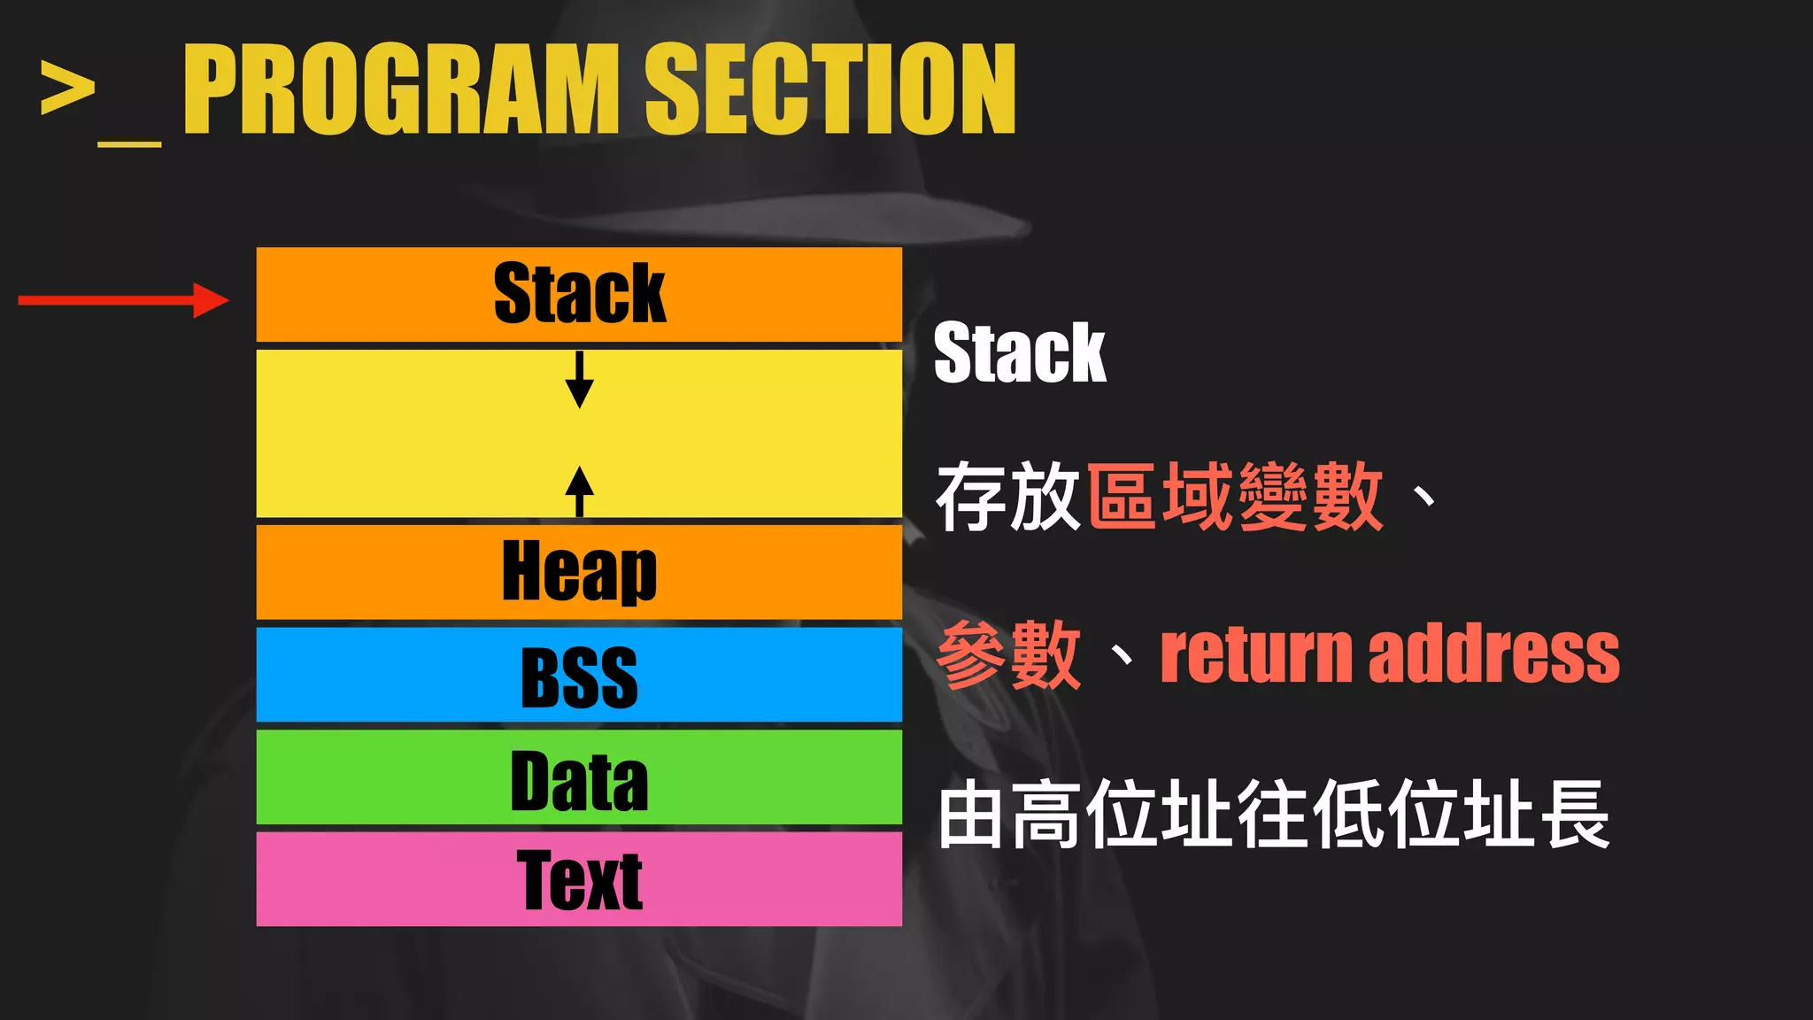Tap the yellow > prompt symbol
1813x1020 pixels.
coord(67,88)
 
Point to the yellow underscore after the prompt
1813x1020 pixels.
coord(129,142)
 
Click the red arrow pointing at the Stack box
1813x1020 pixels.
coord(123,300)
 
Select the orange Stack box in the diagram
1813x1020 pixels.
coord(579,294)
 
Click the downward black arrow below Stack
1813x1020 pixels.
coord(579,379)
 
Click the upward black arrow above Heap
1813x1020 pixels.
coord(579,491)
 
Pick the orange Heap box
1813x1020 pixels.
coord(579,572)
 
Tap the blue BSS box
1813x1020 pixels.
coord(579,676)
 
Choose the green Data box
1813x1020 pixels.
coord(579,777)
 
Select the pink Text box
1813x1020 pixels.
coord(579,879)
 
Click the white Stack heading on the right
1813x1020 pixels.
coord(1020,352)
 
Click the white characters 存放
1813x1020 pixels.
coord(1007,496)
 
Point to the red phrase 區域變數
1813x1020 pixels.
coord(1235,496)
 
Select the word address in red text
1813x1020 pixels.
coord(1494,655)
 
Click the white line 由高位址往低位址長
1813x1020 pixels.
coord(1273,815)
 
